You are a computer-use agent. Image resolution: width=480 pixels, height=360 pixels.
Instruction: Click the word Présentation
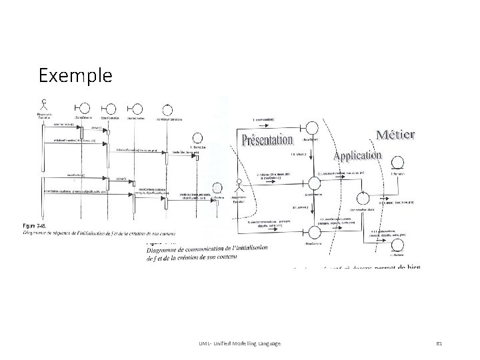click(x=267, y=139)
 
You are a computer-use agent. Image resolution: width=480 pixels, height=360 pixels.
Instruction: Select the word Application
click(x=357, y=155)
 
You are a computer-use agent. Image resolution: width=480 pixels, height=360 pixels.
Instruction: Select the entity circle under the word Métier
click(x=398, y=161)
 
